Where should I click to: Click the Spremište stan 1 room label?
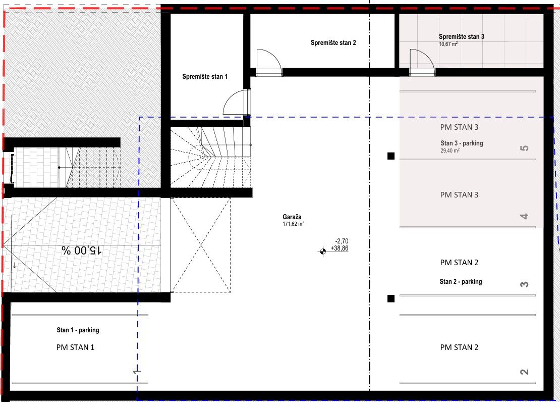205,77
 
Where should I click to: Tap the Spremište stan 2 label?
333,43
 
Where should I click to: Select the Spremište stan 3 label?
462,36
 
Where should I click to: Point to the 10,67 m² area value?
448,44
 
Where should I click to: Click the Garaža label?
292,217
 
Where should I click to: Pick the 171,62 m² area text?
293,224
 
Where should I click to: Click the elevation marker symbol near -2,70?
322,252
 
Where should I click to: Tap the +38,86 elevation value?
340,248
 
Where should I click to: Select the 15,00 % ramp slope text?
82,250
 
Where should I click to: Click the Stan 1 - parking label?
78,330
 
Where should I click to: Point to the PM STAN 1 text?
75,347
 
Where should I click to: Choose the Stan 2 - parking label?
461,282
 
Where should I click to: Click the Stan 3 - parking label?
462,143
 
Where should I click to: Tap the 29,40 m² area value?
450,150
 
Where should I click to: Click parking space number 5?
524,148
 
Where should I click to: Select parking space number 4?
524,216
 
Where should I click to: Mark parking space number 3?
524,284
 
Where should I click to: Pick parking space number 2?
524,372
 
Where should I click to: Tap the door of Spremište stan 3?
422,63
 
